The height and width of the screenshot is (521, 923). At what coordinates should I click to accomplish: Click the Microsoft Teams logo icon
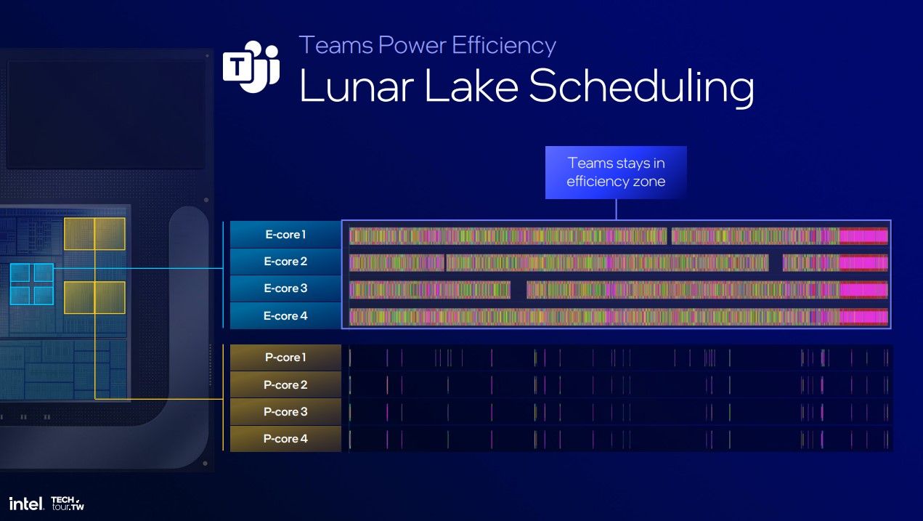(x=251, y=67)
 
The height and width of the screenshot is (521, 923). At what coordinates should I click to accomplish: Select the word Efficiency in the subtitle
(x=503, y=45)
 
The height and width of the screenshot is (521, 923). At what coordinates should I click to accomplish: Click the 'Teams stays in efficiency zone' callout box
(x=616, y=172)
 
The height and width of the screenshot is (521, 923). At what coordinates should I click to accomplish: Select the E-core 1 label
(x=285, y=235)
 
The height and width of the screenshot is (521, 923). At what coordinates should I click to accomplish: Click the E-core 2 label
(x=285, y=262)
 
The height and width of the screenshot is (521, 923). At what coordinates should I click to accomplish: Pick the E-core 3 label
(x=285, y=288)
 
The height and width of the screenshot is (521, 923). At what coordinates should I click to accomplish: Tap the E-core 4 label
(x=285, y=316)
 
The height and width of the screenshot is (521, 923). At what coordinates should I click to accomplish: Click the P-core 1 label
(x=285, y=358)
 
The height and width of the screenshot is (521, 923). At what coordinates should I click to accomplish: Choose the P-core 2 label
(x=285, y=384)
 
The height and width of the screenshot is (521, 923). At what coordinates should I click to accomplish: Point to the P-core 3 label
(x=285, y=412)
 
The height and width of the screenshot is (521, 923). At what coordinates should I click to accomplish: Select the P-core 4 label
(x=285, y=439)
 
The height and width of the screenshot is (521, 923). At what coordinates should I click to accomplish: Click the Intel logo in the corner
(x=27, y=503)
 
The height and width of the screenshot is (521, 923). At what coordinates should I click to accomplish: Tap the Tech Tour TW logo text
(x=68, y=503)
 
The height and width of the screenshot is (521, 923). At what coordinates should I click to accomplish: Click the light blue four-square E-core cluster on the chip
(x=32, y=283)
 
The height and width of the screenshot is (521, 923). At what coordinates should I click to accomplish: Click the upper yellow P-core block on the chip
(x=94, y=233)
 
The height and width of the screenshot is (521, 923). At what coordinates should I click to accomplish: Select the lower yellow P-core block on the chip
(x=94, y=297)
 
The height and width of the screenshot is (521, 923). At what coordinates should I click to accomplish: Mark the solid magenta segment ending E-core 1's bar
(x=863, y=235)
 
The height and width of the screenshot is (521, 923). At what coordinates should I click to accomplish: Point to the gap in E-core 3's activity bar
(x=519, y=290)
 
